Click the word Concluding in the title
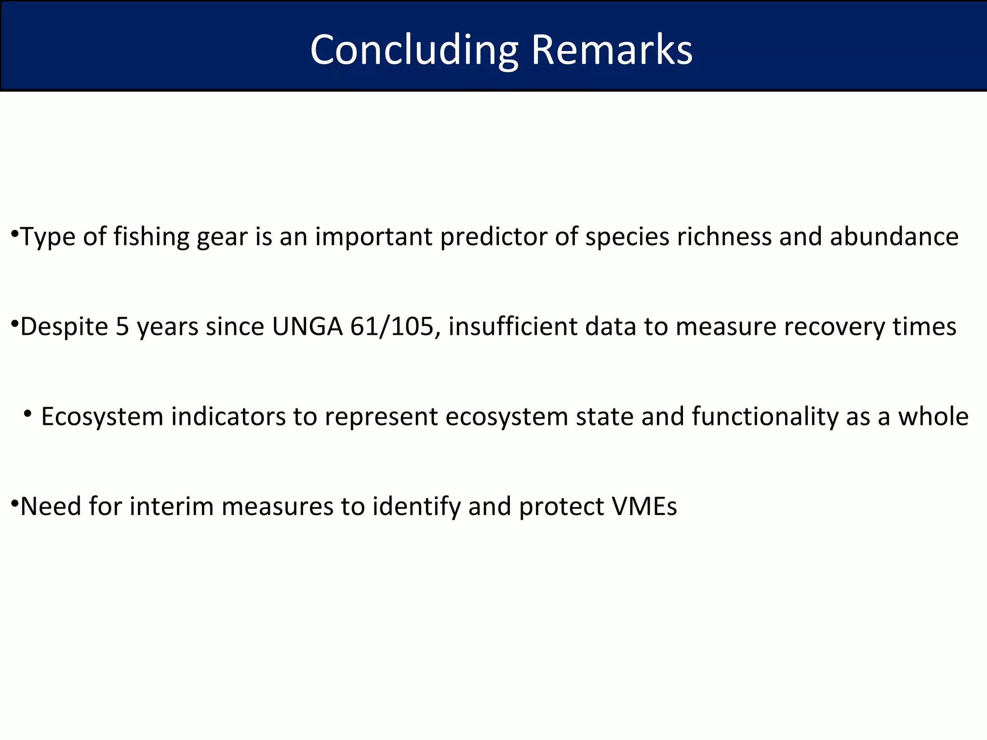(x=413, y=50)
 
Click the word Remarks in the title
(x=612, y=50)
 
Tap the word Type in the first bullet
(x=48, y=237)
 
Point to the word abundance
(x=894, y=237)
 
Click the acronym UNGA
(x=307, y=327)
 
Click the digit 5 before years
(x=122, y=327)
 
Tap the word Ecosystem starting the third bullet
(x=102, y=417)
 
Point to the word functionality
(x=765, y=417)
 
